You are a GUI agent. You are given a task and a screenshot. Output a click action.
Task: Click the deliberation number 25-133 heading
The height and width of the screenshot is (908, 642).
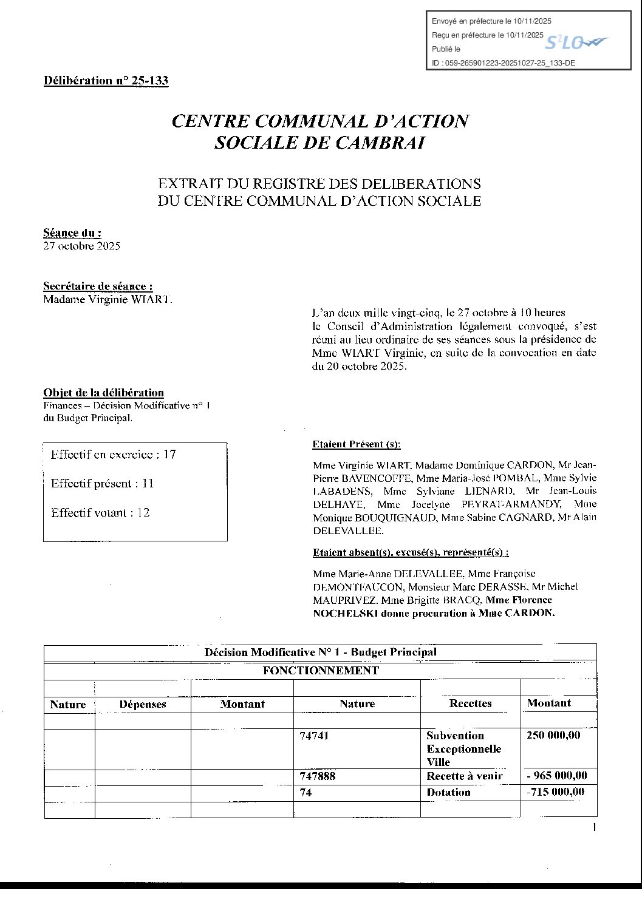(x=106, y=81)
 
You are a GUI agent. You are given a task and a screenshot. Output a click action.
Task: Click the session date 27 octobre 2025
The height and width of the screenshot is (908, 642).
(x=81, y=246)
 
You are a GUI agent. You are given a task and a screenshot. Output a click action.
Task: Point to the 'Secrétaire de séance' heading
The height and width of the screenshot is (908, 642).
(x=98, y=286)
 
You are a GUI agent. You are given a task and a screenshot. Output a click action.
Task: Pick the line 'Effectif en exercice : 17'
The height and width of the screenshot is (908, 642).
(x=114, y=454)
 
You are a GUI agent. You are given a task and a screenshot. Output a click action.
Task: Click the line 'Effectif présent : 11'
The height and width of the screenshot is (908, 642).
(x=103, y=484)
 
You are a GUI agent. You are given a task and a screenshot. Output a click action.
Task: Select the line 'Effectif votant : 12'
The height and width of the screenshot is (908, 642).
(x=100, y=513)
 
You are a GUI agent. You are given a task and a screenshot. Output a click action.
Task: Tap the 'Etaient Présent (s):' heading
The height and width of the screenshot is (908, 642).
(x=357, y=444)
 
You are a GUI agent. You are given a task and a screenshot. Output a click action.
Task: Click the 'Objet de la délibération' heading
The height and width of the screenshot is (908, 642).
(x=103, y=393)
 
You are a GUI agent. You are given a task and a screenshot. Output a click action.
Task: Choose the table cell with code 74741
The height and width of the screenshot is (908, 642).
(x=314, y=736)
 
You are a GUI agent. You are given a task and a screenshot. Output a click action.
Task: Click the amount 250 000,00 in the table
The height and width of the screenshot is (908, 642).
(x=553, y=735)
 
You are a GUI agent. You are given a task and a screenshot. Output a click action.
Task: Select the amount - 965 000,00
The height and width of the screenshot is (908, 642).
(x=556, y=775)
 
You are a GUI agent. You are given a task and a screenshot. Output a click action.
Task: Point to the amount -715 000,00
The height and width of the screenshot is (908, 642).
(x=555, y=791)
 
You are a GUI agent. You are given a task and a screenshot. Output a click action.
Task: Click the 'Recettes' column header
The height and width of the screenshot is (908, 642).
(x=470, y=703)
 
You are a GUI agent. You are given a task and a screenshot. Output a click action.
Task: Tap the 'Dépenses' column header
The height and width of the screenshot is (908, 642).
(x=143, y=705)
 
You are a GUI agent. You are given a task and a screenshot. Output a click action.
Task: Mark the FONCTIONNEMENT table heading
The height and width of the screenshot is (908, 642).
(x=321, y=671)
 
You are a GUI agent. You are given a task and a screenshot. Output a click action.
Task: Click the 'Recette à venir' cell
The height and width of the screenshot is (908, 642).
(x=465, y=776)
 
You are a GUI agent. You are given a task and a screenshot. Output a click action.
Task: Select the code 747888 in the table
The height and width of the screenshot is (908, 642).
(x=318, y=776)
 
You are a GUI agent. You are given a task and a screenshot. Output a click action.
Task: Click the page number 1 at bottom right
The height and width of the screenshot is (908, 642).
(x=594, y=828)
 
